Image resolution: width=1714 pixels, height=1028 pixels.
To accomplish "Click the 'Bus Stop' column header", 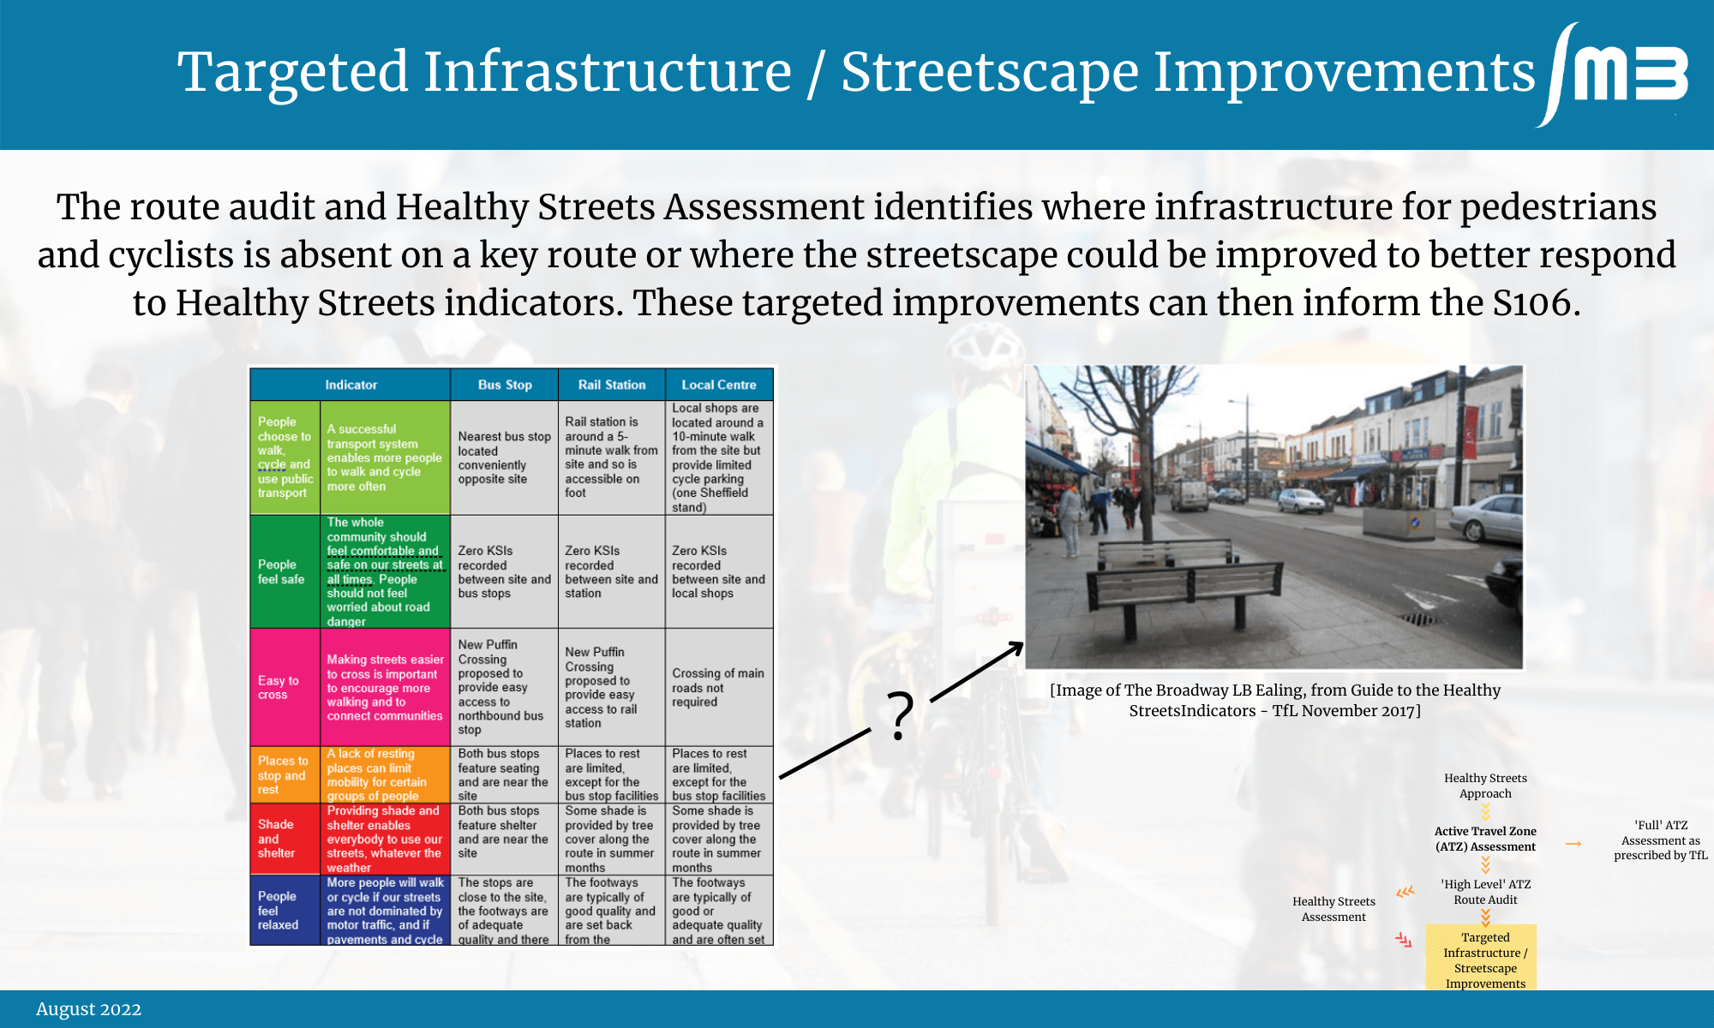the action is (505, 385).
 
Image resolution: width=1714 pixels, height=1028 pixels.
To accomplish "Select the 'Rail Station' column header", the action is (612, 385).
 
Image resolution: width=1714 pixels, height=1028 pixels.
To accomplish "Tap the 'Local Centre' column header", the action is (719, 385).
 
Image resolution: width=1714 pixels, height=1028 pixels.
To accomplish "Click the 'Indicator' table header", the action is (351, 385).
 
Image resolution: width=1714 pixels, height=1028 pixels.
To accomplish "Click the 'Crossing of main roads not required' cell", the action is (718, 687).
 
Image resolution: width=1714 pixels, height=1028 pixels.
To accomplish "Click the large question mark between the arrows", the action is (900, 715).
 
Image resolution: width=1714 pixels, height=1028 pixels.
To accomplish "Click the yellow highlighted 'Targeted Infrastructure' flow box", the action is (1481, 958).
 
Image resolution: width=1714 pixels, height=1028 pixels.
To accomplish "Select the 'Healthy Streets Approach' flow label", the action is (1485, 786).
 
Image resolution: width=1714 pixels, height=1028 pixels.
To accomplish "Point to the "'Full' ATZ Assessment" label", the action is (1661, 840).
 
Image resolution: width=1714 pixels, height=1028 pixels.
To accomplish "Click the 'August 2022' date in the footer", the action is (88, 1009).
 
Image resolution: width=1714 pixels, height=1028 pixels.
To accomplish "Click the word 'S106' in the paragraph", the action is (1533, 302).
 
